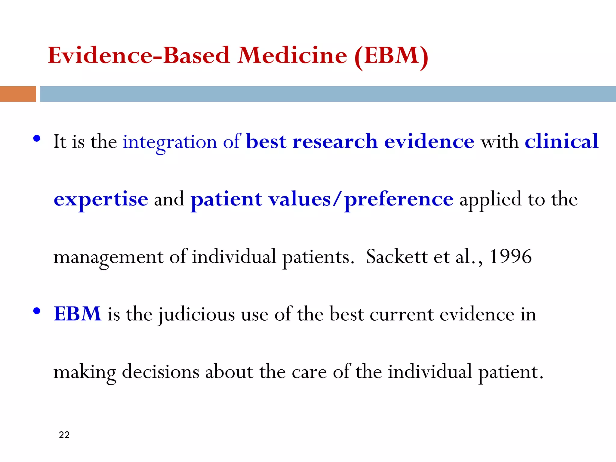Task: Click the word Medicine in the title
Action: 292,56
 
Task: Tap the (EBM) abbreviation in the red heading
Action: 391,56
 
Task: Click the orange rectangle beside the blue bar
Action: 18,94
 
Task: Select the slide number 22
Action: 64,435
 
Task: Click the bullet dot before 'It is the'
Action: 37,139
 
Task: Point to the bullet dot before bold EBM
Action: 37,311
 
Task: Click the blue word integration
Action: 170,142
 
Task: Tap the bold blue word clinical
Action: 562,141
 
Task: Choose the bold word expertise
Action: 101,199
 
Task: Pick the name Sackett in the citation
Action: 397,257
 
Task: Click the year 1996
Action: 511,257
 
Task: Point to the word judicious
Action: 197,315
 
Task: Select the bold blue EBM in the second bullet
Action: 78,314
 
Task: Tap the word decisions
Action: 160,372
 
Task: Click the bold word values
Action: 300,199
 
